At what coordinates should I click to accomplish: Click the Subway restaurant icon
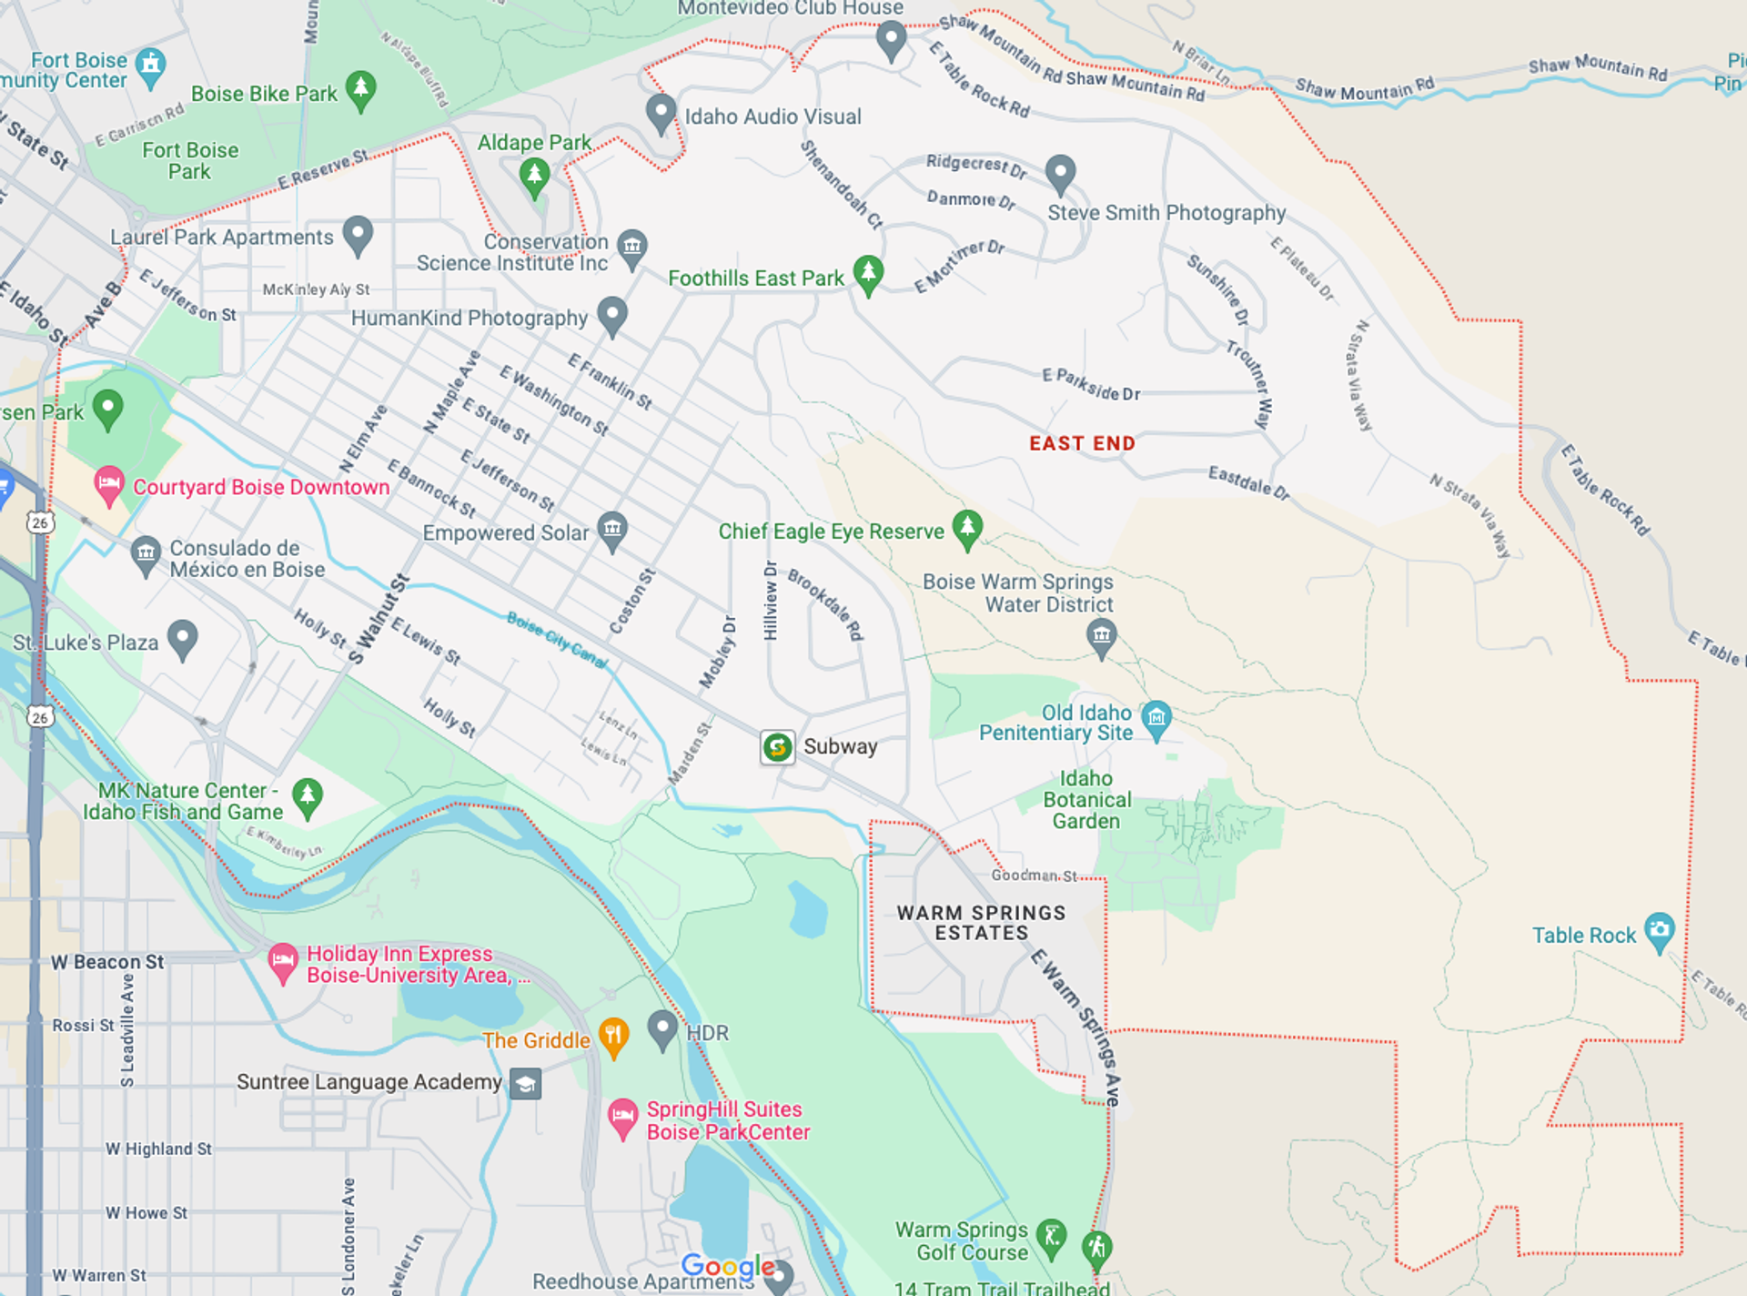coord(777,747)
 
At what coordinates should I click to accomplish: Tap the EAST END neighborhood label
coord(1082,443)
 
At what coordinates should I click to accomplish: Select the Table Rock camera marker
coord(1660,930)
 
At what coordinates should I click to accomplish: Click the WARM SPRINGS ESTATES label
coord(981,922)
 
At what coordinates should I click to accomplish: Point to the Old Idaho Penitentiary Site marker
coord(1156,718)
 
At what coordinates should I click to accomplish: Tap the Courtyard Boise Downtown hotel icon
coord(108,484)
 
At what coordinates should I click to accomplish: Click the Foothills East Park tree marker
coord(868,273)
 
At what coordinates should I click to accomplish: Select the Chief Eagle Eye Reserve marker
coord(967,528)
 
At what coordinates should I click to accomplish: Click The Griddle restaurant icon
coord(614,1036)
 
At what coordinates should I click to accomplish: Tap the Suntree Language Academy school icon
coord(525,1083)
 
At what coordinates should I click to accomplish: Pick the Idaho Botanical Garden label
coord(1086,800)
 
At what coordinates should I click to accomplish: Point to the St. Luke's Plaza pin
coord(183,638)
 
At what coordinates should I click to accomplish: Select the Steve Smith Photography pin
coord(1060,172)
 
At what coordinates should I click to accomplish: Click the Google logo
coord(728,1265)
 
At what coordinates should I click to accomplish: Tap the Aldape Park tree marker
coord(534,175)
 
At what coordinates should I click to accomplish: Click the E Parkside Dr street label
coord(1090,385)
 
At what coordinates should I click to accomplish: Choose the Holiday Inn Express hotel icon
coord(283,961)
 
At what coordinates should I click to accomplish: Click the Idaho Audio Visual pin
coord(661,113)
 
